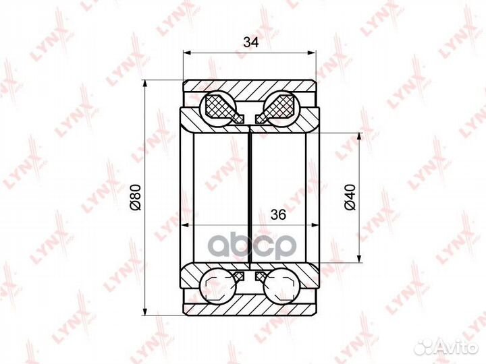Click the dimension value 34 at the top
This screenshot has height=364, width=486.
250,42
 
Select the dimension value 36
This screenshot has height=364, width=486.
278,214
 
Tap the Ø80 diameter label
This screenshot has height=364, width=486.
136,197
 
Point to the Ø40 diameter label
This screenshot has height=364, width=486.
350,197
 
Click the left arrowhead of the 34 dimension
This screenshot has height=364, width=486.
187,53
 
